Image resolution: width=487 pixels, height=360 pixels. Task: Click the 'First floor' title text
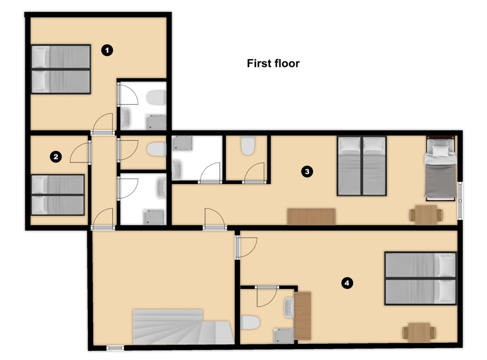273,63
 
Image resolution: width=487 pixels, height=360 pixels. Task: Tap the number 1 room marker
107,50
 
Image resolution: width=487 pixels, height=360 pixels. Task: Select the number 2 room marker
56,156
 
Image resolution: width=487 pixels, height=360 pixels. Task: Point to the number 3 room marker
307,171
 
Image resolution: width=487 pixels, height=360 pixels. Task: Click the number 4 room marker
347,283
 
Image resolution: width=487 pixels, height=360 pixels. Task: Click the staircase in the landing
183,327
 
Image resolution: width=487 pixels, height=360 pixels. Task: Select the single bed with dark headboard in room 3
441,168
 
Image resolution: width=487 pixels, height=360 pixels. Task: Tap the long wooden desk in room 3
311,216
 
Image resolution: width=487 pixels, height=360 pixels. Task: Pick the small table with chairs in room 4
419,332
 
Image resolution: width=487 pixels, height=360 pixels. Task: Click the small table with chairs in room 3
426,215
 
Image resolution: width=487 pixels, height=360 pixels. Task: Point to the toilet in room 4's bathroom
250,322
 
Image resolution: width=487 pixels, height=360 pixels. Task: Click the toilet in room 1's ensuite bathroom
156,97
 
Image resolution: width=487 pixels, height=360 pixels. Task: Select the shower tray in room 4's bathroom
284,336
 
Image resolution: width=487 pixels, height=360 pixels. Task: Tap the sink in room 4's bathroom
289,308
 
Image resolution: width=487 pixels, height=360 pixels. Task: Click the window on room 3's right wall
460,201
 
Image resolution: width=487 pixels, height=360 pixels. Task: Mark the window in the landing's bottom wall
115,348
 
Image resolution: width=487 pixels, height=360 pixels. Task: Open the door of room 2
81,152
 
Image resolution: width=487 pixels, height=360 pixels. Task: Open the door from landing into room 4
246,247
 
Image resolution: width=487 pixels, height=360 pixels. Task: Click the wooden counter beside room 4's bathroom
303,316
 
